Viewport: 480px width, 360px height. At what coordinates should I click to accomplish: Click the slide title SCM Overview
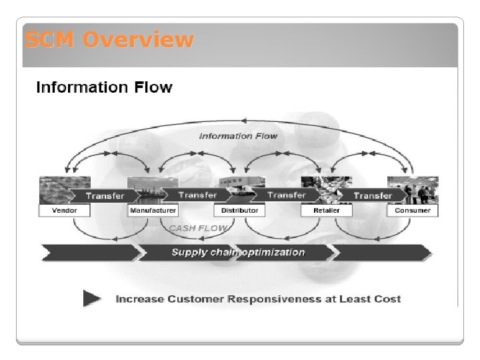(x=109, y=41)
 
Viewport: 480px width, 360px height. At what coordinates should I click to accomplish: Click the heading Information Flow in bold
(x=103, y=87)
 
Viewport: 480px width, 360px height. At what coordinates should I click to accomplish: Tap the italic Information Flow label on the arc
(x=238, y=136)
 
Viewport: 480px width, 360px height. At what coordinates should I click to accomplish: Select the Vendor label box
(x=65, y=211)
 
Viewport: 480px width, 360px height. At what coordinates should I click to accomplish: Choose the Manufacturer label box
(x=153, y=211)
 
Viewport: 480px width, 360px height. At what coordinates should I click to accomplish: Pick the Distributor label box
(x=239, y=211)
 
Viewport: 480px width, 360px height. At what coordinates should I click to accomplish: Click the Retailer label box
(x=326, y=211)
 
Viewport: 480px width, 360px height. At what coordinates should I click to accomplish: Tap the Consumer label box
(x=413, y=211)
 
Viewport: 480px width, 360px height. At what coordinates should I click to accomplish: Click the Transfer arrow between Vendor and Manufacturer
(x=105, y=196)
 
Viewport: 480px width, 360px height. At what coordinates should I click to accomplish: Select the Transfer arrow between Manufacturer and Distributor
(x=197, y=195)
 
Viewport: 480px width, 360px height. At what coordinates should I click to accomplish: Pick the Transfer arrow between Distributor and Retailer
(x=286, y=195)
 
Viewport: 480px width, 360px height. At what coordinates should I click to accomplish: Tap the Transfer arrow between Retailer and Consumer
(x=373, y=196)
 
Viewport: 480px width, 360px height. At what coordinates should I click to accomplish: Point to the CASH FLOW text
(x=198, y=228)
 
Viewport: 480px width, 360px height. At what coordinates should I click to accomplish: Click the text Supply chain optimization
(x=238, y=252)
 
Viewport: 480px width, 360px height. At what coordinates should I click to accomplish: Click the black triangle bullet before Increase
(x=92, y=298)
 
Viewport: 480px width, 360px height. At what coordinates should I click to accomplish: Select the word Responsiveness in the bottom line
(x=274, y=299)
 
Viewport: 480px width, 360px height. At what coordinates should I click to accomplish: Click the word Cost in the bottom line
(x=389, y=299)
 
